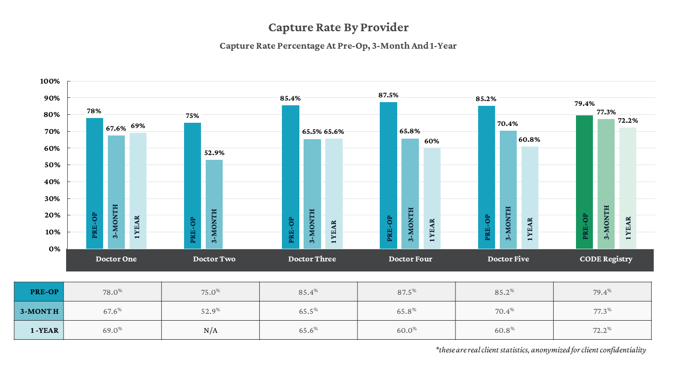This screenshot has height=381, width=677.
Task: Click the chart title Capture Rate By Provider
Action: click(x=338, y=28)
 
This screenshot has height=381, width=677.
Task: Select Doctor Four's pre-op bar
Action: click(x=388, y=175)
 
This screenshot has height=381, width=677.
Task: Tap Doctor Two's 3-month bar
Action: click(x=214, y=204)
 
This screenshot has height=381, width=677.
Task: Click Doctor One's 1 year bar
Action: click(x=138, y=190)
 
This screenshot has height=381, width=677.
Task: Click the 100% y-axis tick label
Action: click(x=50, y=81)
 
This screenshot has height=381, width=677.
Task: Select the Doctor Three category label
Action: click(x=312, y=259)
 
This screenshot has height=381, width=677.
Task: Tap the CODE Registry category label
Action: click(x=606, y=259)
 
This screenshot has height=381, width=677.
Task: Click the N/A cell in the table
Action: click(x=211, y=330)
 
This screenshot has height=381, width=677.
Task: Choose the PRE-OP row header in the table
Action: click(x=39, y=292)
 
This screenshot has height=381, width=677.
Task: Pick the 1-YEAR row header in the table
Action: click(x=39, y=330)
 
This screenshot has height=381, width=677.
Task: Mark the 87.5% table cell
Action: click(x=406, y=292)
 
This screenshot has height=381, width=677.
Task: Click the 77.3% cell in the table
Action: click(x=602, y=311)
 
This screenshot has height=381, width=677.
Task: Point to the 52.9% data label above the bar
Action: click(x=214, y=153)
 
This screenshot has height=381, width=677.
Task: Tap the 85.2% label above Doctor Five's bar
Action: click(x=486, y=99)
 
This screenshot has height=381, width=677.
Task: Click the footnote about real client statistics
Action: click(x=541, y=350)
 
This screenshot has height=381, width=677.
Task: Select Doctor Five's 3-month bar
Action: click(x=508, y=189)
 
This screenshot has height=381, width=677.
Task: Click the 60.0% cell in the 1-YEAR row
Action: click(x=406, y=330)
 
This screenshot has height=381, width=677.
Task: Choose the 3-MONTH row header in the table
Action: click(x=39, y=311)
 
